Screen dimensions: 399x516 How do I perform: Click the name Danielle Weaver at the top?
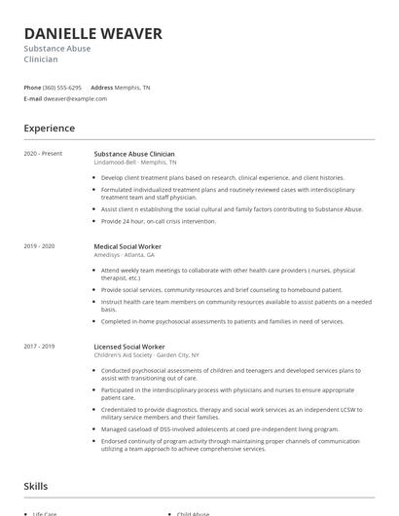pos(92,34)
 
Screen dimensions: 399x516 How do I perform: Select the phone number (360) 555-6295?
pos(62,87)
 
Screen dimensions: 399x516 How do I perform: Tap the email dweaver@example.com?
pos(75,98)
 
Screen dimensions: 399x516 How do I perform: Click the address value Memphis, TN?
pos(133,87)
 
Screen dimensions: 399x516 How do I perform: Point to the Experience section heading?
pos(49,129)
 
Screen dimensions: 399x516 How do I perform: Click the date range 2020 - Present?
pos(43,154)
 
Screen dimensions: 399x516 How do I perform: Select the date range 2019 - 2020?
pos(40,247)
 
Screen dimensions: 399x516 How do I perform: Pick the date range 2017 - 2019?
pos(40,347)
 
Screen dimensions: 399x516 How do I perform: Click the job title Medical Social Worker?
pos(127,247)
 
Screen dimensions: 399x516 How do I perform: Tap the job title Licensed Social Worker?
pos(128,347)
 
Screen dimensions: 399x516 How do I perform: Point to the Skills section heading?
pos(37,485)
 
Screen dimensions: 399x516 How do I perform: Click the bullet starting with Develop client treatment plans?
pos(222,178)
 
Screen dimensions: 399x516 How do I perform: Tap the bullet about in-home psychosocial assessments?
pos(222,320)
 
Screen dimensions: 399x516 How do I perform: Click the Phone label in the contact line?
pos(32,87)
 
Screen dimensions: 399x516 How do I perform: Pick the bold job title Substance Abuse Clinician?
pos(134,154)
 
